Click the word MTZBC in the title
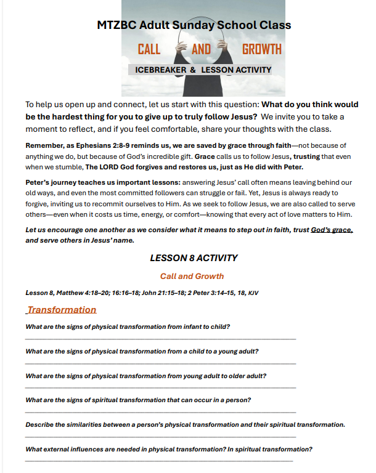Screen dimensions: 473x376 pyautogui.click(x=115, y=25)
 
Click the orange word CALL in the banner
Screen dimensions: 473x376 pyautogui.click(x=149, y=49)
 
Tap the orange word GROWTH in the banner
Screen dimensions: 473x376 pyautogui.click(x=261, y=49)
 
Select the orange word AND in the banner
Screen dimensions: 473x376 pyautogui.click(x=201, y=49)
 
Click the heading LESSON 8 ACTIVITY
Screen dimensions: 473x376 pyautogui.click(x=194, y=258)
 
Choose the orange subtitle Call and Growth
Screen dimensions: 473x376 pyautogui.click(x=192, y=277)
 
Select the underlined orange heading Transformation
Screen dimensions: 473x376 pyautogui.click(x=62, y=310)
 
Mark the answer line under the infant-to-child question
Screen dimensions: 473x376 pyautogui.click(x=160, y=339)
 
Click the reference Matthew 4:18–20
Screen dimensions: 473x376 pyautogui.click(x=86, y=293)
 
